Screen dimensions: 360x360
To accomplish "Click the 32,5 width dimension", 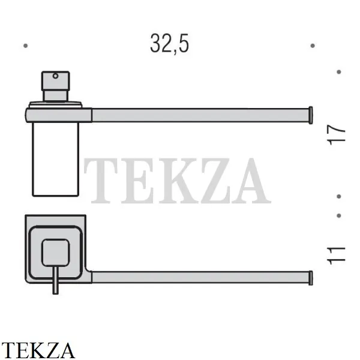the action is click(169, 44).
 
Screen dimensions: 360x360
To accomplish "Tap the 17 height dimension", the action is click(336, 135).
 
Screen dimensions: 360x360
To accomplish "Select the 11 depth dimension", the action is click(336, 256).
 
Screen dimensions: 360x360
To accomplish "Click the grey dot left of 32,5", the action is click(25, 46).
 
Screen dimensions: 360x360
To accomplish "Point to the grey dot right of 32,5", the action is click(312, 46).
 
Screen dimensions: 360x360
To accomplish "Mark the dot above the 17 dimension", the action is click(338, 72).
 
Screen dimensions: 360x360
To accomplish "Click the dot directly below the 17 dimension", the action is click(338, 197).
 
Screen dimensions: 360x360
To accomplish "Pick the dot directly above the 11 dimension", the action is click(338, 215).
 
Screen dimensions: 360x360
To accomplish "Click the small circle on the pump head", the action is click(55, 76).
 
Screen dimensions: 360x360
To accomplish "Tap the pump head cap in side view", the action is click(55, 81).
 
